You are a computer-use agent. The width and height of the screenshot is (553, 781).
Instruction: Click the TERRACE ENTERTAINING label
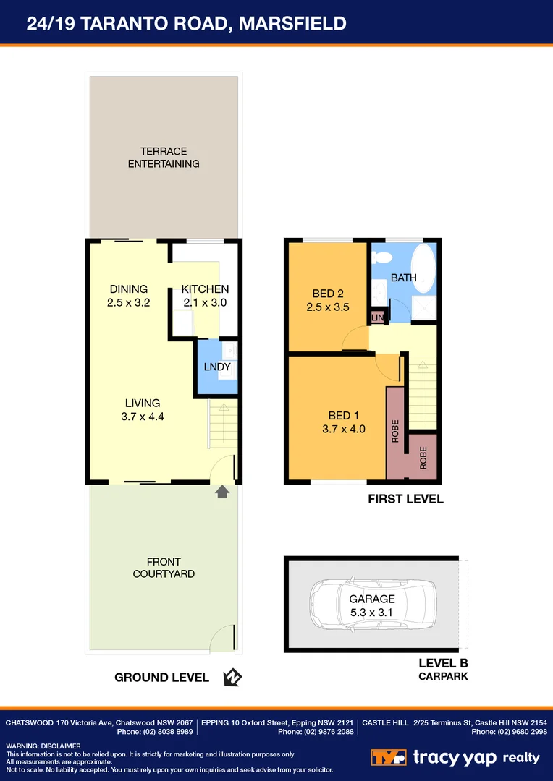tap(164, 158)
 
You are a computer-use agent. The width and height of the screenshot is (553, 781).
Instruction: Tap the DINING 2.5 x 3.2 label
tap(128, 296)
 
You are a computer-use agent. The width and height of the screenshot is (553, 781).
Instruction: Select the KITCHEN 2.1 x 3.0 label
tap(205, 296)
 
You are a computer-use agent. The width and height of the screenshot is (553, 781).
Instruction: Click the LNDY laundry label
tap(217, 367)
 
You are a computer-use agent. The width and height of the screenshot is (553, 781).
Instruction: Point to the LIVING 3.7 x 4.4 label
tap(142, 409)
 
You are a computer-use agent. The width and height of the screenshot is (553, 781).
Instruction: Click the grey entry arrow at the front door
tap(222, 492)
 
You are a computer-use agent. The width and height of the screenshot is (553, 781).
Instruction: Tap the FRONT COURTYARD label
tap(164, 568)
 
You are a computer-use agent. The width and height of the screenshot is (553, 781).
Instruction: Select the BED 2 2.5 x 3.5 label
tap(328, 300)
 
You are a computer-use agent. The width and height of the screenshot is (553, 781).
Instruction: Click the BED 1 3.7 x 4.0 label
tap(344, 422)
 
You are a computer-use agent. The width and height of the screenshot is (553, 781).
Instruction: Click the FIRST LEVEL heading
tap(405, 499)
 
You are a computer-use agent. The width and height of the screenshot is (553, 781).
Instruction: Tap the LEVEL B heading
tap(443, 663)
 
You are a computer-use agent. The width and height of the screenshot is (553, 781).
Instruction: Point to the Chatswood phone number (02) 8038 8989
tap(155, 732)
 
